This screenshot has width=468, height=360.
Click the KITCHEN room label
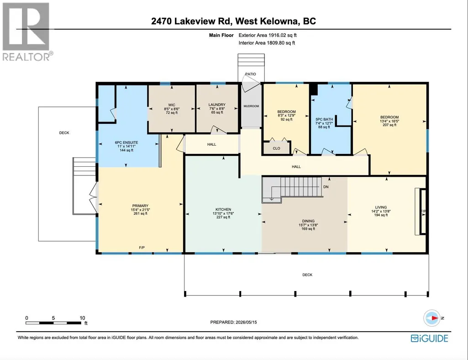tap(223, 209)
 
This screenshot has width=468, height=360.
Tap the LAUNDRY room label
tap(217, 105)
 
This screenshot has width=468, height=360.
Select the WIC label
tap(172, 105)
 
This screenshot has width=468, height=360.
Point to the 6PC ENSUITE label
tap(126, 143)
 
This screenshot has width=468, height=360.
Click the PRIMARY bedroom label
tap(140, 206)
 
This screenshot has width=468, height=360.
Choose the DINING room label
tap(308, 221)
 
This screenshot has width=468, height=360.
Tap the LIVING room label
tap(381, 207)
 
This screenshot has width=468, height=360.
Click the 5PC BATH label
tap(324, 119)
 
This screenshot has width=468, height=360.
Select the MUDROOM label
tap(251, 106)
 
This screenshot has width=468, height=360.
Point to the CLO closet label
tap(276, 148)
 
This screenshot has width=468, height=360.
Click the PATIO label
tap(251, 74)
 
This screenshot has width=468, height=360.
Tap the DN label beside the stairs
tap(326, 187)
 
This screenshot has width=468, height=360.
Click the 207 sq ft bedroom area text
tap(389, 125)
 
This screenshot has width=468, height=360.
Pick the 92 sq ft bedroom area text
tap(287, 119)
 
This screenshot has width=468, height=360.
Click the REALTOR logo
tap(27, 32)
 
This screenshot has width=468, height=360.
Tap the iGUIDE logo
tap(430, 338)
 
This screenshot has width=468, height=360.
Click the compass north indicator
tap(432, 318)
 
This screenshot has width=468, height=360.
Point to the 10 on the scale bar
tap(82, 318)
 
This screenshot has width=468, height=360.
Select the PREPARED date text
tap(233, 322)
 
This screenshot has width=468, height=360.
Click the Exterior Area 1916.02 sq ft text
tap(268, 35)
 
